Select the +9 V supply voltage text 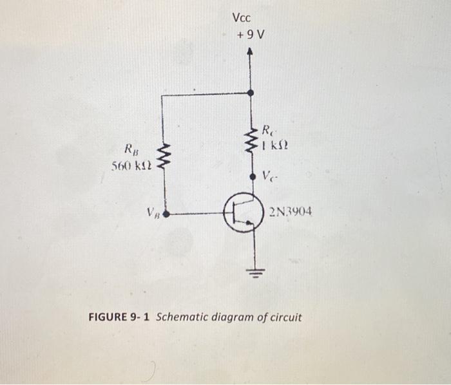pyautogui.click(x=250, y=34)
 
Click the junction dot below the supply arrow pyautogui.click(x=251, y=93)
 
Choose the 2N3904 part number pyautogui.click(x=291, y=211)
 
